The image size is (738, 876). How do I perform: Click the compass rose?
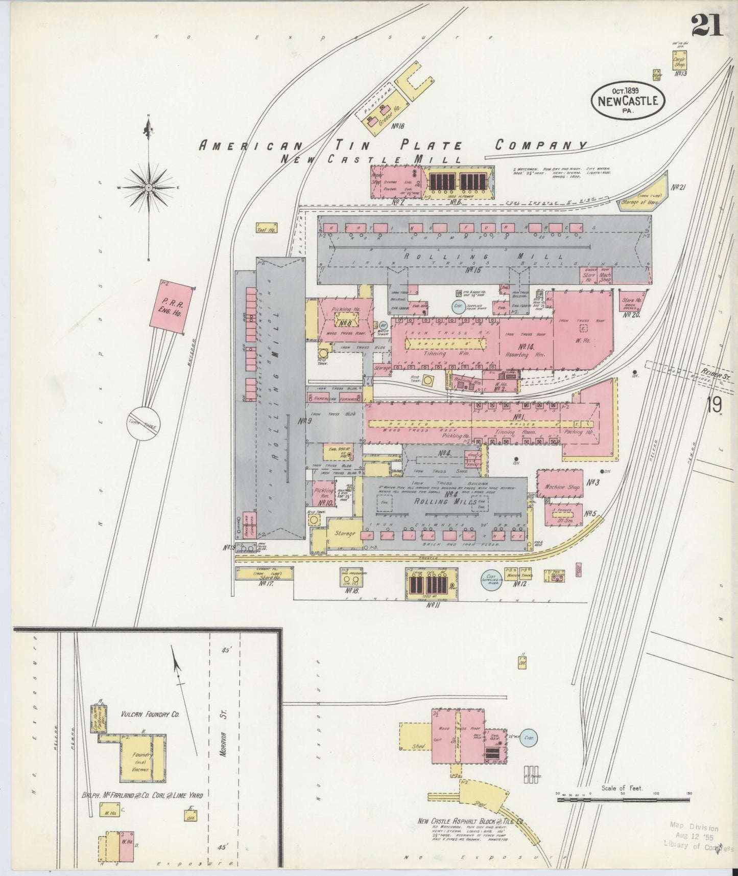[148, 188]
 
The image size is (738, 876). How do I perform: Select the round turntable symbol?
[144, 423]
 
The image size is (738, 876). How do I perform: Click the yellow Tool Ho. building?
[267, 228]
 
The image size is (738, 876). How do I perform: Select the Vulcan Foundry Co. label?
[150, 715]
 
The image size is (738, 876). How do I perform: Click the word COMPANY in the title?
[541, 145]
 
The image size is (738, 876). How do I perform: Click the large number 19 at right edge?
[714, 405]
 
